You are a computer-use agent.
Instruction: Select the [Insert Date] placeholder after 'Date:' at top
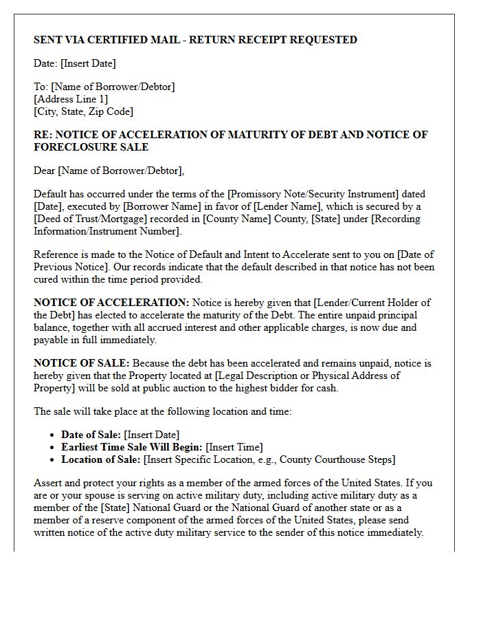(x=88, y=63)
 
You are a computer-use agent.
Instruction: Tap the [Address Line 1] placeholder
(x=71, y=99)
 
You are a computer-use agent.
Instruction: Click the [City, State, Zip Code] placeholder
(x=83, y=111)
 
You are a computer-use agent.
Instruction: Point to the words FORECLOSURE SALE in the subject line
(x=91, y=146)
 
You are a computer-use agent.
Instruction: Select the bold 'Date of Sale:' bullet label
(x=91, y=435)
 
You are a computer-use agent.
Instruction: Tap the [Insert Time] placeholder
(x=234, y=447)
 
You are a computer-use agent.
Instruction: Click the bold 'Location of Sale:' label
(x=100, y=459)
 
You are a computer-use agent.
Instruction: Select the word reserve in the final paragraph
(x=100, y=520)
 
